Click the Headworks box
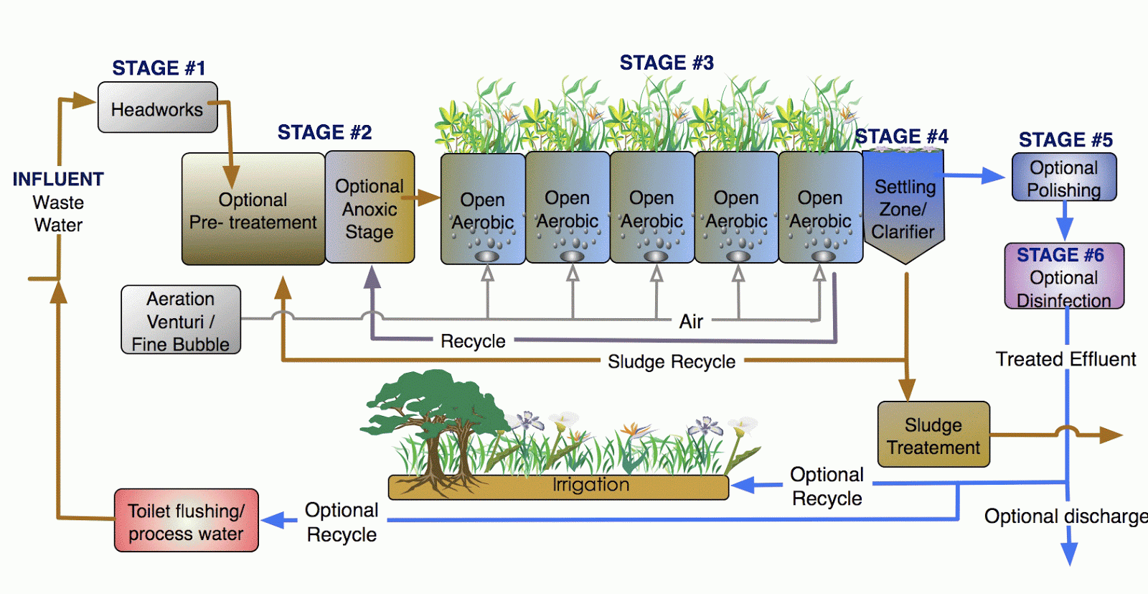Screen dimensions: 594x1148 pos(157,108)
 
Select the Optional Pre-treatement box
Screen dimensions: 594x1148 pos(253,210)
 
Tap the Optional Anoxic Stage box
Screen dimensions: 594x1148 pos(370,208)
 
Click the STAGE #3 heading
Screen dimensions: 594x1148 pos(667,63)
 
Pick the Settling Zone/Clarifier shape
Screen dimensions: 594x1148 pos(903,208)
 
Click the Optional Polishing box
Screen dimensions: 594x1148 pos(1063,177)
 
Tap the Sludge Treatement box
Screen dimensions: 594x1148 pos(933,435)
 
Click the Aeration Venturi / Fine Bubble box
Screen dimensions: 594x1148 pos(180,320)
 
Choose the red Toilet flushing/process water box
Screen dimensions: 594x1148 pos(186,521)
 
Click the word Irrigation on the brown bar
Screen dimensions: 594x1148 pos(591,485)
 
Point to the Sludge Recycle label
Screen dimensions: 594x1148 pos(671,361)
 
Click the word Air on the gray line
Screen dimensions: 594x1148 pos(691,321)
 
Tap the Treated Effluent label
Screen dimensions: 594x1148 pos(1065,359)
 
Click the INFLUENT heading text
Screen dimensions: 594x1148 pos(58,179)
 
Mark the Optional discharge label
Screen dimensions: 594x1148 pos(1064,516)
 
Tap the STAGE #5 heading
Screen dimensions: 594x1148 pos(1065,139)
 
